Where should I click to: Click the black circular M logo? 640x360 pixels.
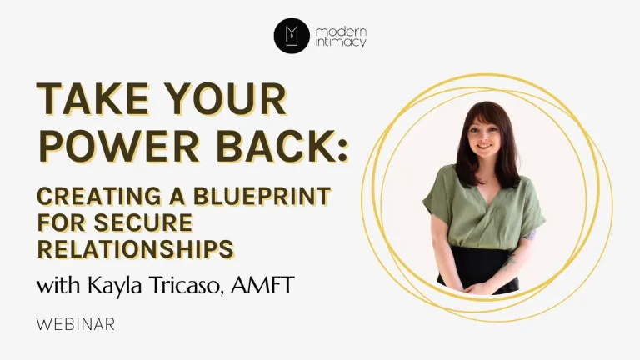(292, 36)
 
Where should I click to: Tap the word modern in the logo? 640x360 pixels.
(341, 32)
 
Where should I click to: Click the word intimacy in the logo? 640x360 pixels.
(340, 42)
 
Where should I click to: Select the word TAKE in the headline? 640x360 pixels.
(93, 99)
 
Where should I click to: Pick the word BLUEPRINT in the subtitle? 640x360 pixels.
(262, 197)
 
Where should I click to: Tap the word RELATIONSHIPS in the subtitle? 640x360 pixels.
(136, 249)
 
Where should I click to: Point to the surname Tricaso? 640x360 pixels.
(187, 285)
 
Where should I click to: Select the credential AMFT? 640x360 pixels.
(262, 285)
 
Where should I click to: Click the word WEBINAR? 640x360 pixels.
(76, 324)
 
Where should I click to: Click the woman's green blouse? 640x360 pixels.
(484, 208)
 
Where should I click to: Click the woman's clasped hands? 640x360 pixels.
(482, 287)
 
